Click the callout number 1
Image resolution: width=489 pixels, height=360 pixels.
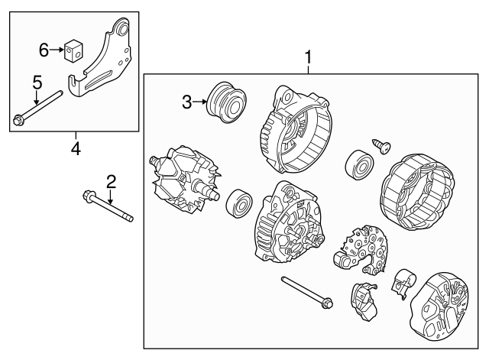[x=309, y=57]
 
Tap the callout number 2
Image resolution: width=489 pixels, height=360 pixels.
[x=111, y=181]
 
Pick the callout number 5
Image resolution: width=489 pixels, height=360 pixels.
[x=35, y=82]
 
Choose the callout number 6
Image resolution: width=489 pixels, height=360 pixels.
[x=44, y=50]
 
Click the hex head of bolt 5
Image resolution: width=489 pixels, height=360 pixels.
[x=18, y=118]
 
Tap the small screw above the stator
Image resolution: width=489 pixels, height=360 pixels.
[x=379, y=143]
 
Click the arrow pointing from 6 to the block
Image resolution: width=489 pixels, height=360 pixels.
[x=58, y=50]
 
